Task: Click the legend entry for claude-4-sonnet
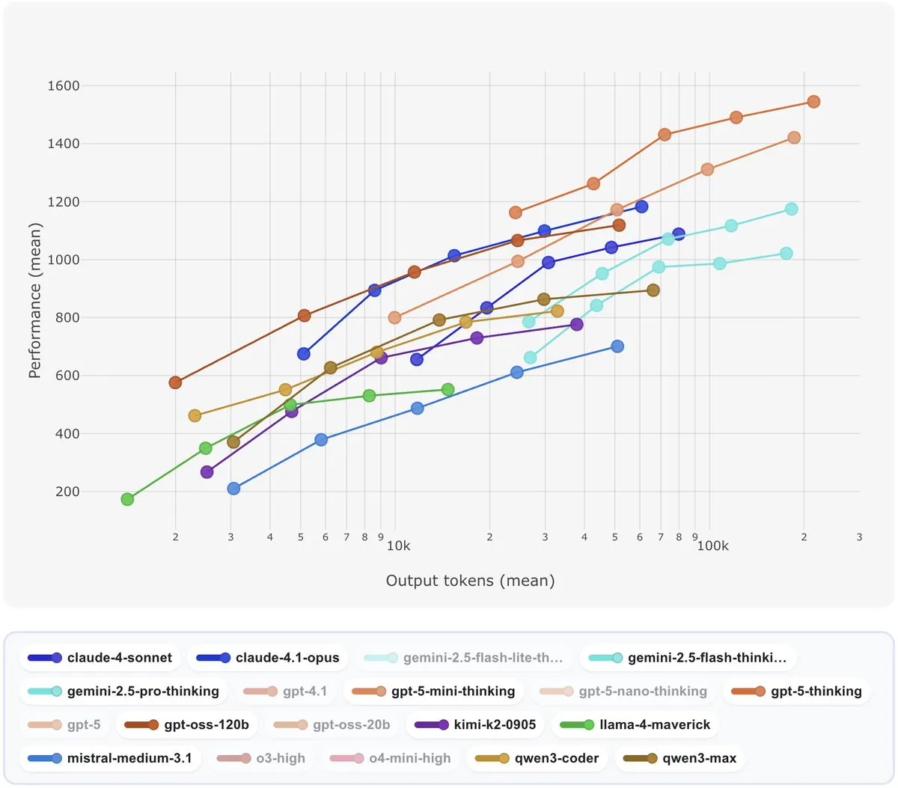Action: [100, 658]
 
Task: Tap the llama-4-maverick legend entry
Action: [636, 724]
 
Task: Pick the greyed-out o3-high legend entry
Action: [261, 758]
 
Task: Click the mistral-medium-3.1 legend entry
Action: [110, 758]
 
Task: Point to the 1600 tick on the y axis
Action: [64, 86]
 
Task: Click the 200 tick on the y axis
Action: [67, 492]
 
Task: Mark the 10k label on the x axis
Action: [398, 546]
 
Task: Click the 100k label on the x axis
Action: [712, 546]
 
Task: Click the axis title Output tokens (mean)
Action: [470, 581]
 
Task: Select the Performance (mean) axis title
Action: [34, 300]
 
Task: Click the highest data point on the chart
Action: [813, 102]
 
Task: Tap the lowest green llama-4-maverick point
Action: [127, 499]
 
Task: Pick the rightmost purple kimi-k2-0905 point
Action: [576, 324]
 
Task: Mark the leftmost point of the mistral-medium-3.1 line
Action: [233, 489]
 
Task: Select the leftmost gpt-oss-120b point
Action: [175, 382]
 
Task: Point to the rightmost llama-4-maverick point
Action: [448, 389]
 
